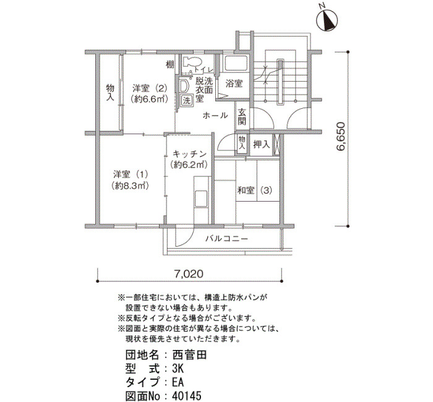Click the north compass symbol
[328, 20]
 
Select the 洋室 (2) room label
[150, 88]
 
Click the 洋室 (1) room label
[131, 174]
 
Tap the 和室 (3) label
[255, 190]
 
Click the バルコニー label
[227, 238]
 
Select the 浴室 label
[234, 83]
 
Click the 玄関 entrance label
[242, 117]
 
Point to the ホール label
[215, 116]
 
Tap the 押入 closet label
[261, 144]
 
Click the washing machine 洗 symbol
[187, 100]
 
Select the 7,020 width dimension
[189, 274]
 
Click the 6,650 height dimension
[341, 137]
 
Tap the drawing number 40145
[187, 396]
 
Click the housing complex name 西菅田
[189, 355]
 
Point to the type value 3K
[178, 369]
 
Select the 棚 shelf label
[170, 65]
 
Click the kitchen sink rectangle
[201, 199]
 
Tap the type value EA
[178, 382]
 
